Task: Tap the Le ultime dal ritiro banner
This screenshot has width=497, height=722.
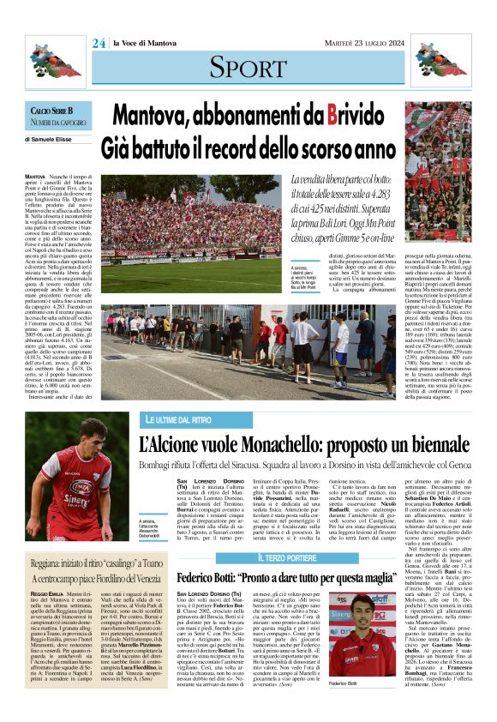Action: click(x=177, y=419)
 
